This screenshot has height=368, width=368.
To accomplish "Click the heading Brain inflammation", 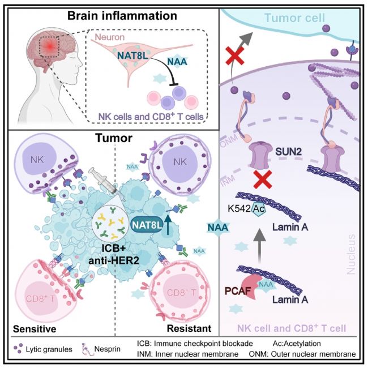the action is (x=122, y=16).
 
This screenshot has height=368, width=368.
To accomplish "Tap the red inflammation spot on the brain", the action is (x=49, y=46).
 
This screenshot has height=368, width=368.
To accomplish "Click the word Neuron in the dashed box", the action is (x=110, y=37).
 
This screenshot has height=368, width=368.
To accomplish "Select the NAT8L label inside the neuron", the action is (x=133, y=55).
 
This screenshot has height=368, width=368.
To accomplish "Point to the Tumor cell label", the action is (x=294, y=18).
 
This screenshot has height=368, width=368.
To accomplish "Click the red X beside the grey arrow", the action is (x=235, y=55).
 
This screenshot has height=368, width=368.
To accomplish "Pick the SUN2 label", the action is (x=288, y=152).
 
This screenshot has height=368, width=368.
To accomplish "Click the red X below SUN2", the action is (x=263, y=179).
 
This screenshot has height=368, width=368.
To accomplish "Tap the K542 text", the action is (x=239, y=209).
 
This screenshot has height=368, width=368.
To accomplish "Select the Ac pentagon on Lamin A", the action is (x=258, y=209).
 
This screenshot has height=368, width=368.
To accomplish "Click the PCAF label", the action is (x=238, y=291).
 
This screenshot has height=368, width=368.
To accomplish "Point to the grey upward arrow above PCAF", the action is (x=259, y=246).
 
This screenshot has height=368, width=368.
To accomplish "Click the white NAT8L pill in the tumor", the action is (x=147, y=225).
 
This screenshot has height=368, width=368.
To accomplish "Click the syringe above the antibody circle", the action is (x=102, y=179).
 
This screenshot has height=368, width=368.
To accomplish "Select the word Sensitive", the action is (x=35, y=329).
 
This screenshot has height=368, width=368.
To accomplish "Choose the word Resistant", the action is (x=189, y=328).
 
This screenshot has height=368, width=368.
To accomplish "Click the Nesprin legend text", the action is (x=107, y=349).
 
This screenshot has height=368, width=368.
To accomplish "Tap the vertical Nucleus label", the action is (x=351, y=254).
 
